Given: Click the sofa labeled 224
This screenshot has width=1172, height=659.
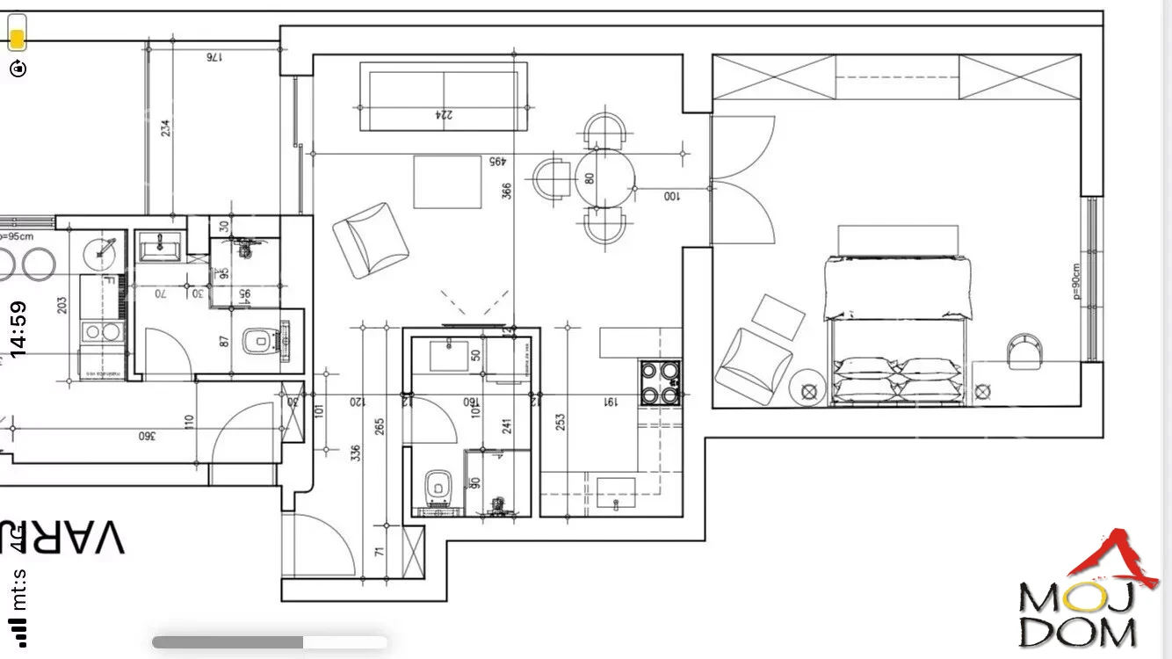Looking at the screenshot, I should pos(443,96).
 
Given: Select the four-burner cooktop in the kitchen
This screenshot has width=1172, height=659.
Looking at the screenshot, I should pos(661,383).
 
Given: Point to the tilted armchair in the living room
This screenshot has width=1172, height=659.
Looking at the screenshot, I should pos(371,240).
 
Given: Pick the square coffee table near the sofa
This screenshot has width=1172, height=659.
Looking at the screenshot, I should pos(447,182).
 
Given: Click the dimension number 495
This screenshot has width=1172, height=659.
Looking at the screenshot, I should pos(497,162).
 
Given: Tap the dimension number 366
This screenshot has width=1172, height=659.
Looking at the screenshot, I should pos(507,191).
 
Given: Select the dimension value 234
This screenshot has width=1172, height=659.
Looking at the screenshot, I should pos(165,128).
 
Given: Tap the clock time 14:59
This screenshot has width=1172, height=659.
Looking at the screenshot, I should pos(18,329).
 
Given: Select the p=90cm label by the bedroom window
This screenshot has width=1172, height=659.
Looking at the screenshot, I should pos(1076,282).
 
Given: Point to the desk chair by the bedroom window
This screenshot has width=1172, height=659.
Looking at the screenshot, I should pos(1024,349).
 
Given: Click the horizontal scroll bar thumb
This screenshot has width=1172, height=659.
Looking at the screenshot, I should pos(228,642).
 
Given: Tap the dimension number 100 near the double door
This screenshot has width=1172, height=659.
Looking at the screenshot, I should pos(672,195).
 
